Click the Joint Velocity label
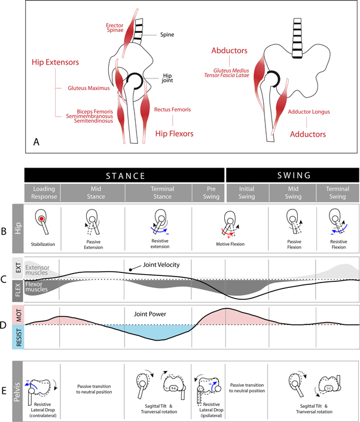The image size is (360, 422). (x=161, y=265)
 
